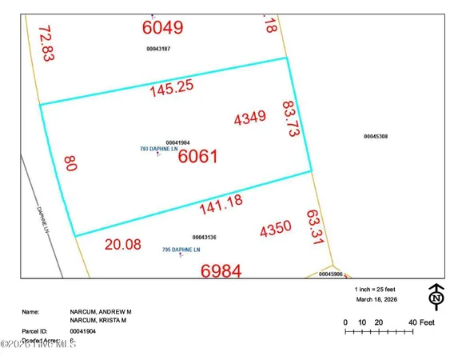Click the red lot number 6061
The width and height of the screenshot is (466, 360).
click(x=197, y=157)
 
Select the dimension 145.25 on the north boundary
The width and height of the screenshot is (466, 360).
click(x=172, y=90)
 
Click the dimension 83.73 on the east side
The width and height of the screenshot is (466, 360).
click(x=290, y=120)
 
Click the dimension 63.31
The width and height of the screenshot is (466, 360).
click(x=313, y=227)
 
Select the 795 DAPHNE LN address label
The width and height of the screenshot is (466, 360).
click(x=181, y=250)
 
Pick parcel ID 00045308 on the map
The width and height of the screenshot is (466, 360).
click(x=375, y=137)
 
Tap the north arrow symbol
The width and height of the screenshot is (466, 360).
click(x=436, y=297)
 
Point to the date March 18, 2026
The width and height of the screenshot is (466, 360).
click(x=380, y=300)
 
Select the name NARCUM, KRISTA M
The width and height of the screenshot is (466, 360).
click(x=101, y=320)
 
